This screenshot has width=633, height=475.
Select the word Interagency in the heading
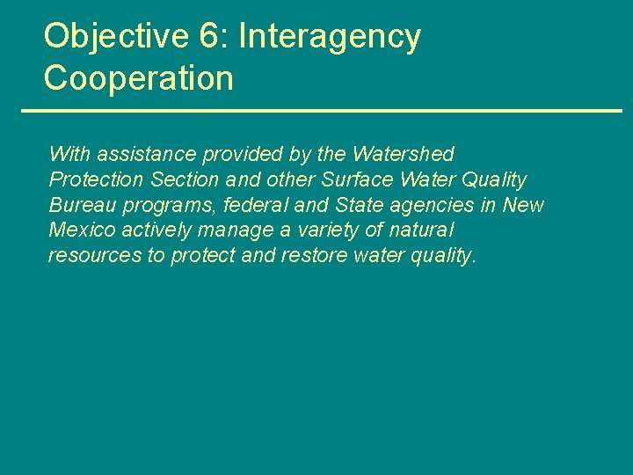tap(330, 37)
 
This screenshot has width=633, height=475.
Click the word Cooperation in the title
tap(139, 78)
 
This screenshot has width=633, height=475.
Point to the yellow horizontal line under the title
tap(321, 111)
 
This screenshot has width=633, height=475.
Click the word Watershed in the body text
tap(403, 154)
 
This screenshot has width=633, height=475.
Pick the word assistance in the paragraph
tap(147, 154)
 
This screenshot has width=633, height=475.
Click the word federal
tap(245, 205)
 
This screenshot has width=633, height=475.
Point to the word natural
tap(421, 230)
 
